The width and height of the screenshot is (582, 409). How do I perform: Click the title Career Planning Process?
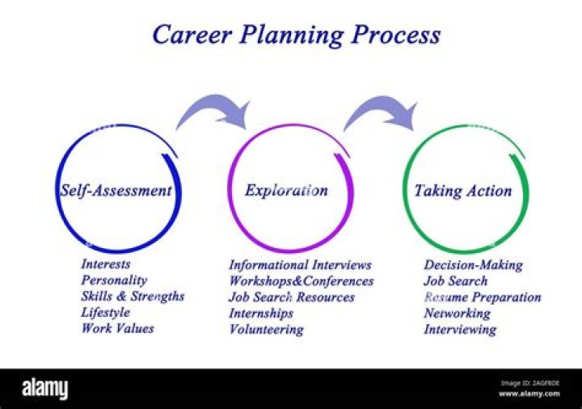point(297,35)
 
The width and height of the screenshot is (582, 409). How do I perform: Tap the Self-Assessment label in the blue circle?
point(116,191)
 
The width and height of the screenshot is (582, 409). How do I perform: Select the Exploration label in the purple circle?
point(286,191)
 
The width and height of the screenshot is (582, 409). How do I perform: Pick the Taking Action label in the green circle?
point(462,191)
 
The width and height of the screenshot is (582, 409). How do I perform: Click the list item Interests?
point(105,264)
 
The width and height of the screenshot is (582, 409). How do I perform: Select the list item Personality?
point(114,280)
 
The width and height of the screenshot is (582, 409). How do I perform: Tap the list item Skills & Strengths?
point(133,296)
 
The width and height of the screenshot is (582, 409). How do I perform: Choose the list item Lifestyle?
point(105,312)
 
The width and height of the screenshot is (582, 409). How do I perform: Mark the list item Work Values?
point(117,328)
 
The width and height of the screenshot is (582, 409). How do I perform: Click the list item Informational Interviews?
point(300,264)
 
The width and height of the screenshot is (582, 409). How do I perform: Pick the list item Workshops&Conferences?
point(301,280)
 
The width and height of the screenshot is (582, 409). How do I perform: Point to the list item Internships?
point(261,313)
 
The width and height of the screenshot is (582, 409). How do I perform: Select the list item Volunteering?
point(266,329)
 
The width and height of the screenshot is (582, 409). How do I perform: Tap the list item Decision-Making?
point(473,264)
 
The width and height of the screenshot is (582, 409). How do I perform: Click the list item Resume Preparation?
point(482,297)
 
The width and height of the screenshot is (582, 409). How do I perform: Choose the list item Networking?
point(457,313)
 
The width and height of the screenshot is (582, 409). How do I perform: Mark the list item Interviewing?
point(460,329)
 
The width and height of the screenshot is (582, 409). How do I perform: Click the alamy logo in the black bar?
point(45,389)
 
